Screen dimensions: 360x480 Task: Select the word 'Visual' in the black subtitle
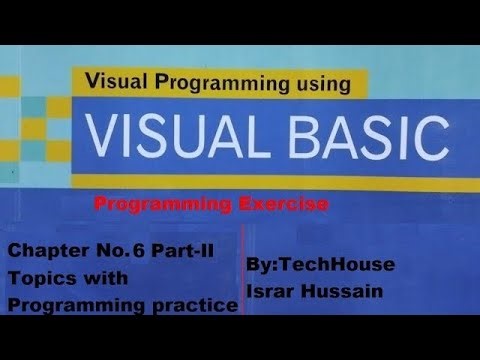[111, 85]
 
